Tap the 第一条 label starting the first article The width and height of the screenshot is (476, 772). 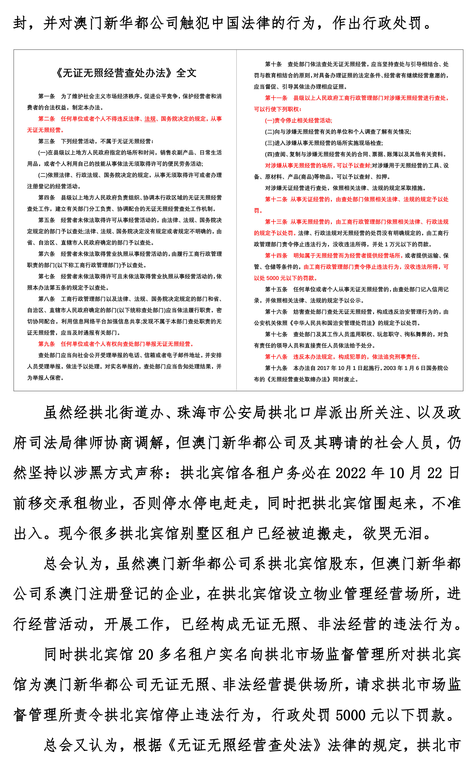coord(47,96)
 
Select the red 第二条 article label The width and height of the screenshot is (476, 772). coord(47,119)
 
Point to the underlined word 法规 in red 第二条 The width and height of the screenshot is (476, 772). coord(150,119)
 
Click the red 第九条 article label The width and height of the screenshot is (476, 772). coord(47,344)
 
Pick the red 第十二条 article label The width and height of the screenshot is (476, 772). coord(276,199)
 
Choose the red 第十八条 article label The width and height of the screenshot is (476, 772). coord(276,357)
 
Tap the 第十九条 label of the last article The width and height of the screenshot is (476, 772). coord(276,368)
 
